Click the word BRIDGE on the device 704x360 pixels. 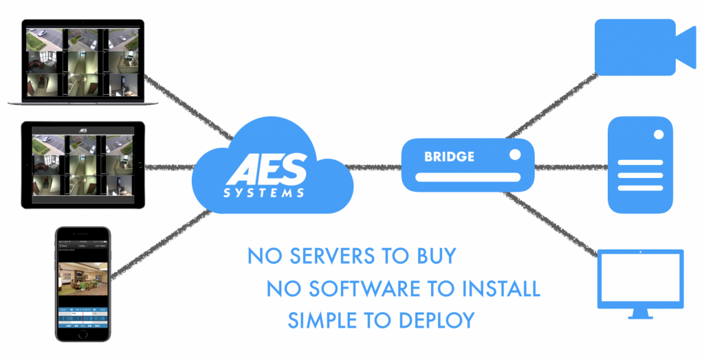tap(449, 157)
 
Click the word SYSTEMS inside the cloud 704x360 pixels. tap(264, 193)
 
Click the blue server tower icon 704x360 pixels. tap(640, 165)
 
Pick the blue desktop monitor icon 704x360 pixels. tap(641, 284)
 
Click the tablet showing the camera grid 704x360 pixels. tap(82, 165)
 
